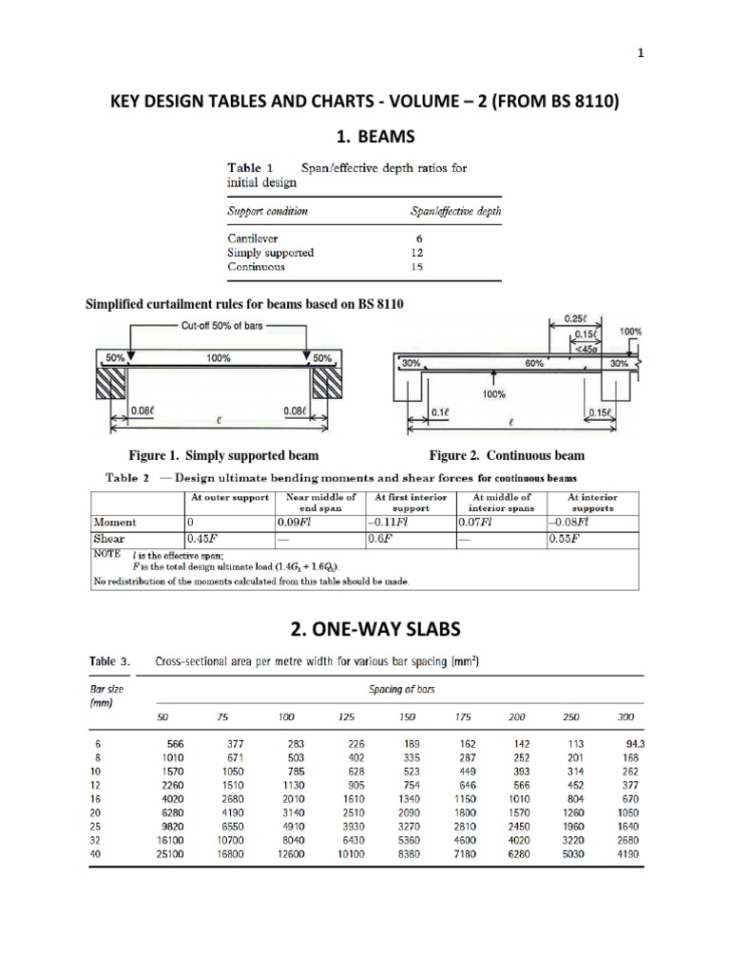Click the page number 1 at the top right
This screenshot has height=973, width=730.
[x=695, y=54]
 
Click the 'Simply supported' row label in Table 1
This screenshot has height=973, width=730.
[x=271, y=253]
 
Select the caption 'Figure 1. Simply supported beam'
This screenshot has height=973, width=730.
[x=223, y=456]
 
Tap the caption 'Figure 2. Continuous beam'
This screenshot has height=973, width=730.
[x=507, y=456]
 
